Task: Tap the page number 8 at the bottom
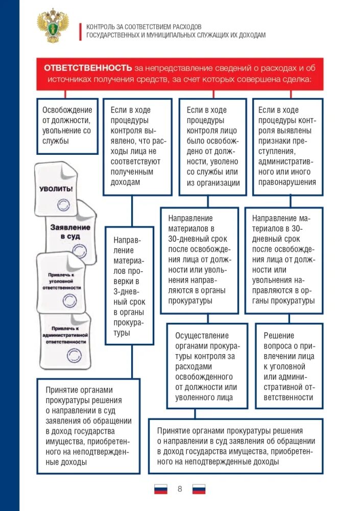pos(180,489)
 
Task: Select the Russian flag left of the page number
pos(160,489)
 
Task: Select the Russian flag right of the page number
pos(199,489)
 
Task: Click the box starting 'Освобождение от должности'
pos(67,126)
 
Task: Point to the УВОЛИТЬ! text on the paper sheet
pos(56,189)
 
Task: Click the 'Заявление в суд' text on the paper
pos(70,231)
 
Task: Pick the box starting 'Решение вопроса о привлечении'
pos(289,365)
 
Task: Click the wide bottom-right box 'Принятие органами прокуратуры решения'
pos(235,446)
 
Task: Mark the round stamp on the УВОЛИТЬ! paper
pos(63,205)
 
